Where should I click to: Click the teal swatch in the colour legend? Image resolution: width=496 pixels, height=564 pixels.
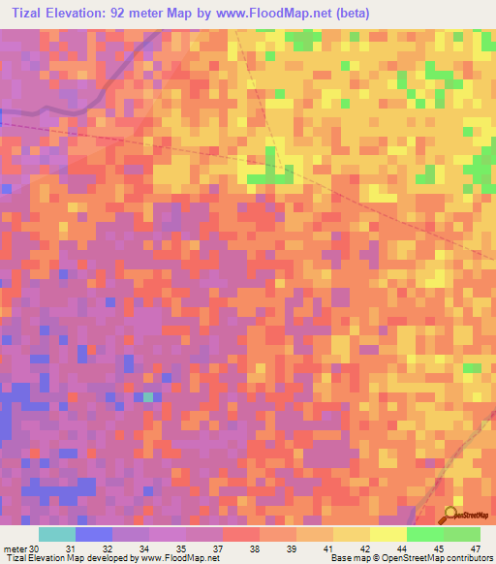[x=57, y=535]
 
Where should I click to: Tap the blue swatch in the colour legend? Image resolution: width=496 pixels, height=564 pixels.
[x=94, y=535]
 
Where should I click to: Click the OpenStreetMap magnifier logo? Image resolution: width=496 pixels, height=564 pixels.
[x=452, y=515]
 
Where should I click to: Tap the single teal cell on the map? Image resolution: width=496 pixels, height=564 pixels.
[x=147, y=397]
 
